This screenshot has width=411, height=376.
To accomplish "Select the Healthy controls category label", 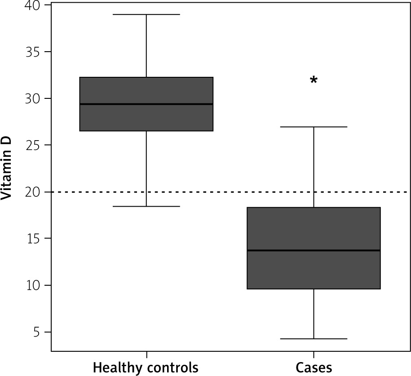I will (x=146, y=368).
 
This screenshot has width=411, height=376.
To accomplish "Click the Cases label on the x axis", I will (x=314, y=368).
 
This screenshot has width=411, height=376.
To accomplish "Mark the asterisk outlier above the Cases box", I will (x=314, y=81).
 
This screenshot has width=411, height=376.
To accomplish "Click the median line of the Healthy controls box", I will (x=146, y=104).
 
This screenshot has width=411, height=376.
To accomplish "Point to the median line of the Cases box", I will (x=314, y=250).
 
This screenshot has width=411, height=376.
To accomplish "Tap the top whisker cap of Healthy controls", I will (x=146, y=14).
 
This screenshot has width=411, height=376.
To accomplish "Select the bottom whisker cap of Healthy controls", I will (x=146, y=206).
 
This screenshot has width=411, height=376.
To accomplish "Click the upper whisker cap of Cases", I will (x=314, y=127).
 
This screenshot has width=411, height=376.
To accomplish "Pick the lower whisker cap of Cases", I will (x=314, y=339).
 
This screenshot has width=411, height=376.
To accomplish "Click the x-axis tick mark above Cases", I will (x=314, y=354).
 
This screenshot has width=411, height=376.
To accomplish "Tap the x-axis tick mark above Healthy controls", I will (x=146, y=354).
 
